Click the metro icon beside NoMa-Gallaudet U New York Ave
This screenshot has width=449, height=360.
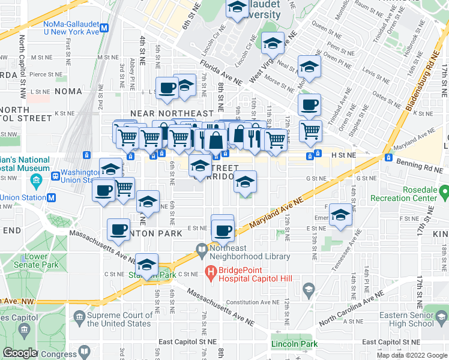click(x=104, y=28)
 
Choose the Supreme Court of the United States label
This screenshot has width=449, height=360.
click(x=119, y=319)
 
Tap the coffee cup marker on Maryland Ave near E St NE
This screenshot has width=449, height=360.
click(x=223, y=230)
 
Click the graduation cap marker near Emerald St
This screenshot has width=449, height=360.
click(x=340, y=217)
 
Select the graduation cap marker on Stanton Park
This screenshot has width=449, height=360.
click(x=146, y=265)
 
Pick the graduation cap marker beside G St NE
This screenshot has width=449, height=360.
click(x=245, y=182)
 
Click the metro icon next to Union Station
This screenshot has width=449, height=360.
click(x=51, y=197)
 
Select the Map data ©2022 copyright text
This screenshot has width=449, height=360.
click(x=405, y=355)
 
